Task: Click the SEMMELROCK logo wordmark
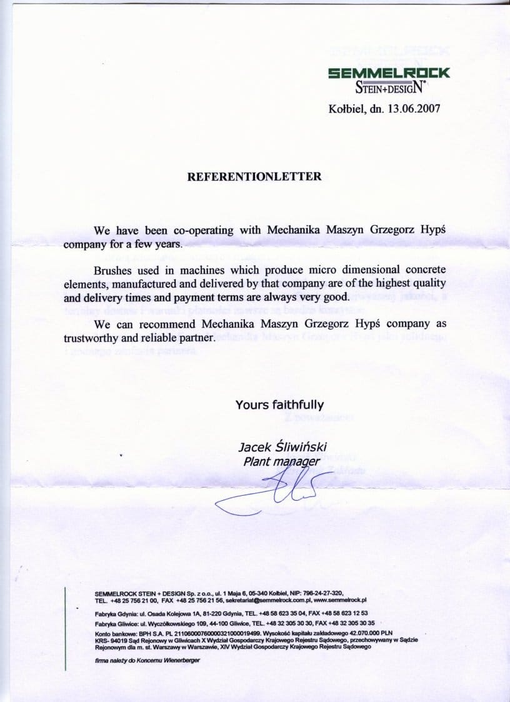[x=389, y=73]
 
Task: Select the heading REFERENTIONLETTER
[x=255, y=177]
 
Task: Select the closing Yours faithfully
[x=279, y=404]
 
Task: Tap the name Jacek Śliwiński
[x=282, y=447]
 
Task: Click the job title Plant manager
[x=281, y=462]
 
